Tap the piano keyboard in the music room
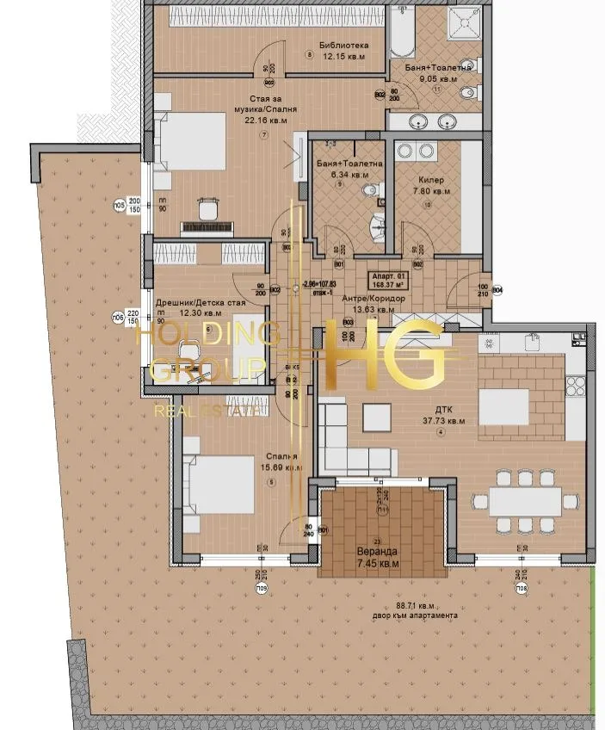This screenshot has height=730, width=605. (x=208, y=227)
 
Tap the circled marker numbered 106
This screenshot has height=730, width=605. (x=118, y=318)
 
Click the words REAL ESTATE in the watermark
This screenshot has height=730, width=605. (x=207, y=411)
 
